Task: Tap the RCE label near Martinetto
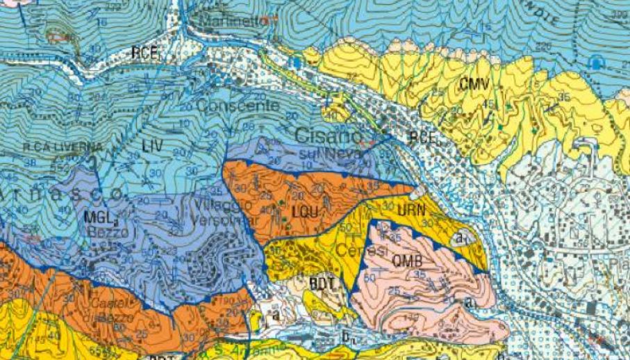(146, 52)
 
